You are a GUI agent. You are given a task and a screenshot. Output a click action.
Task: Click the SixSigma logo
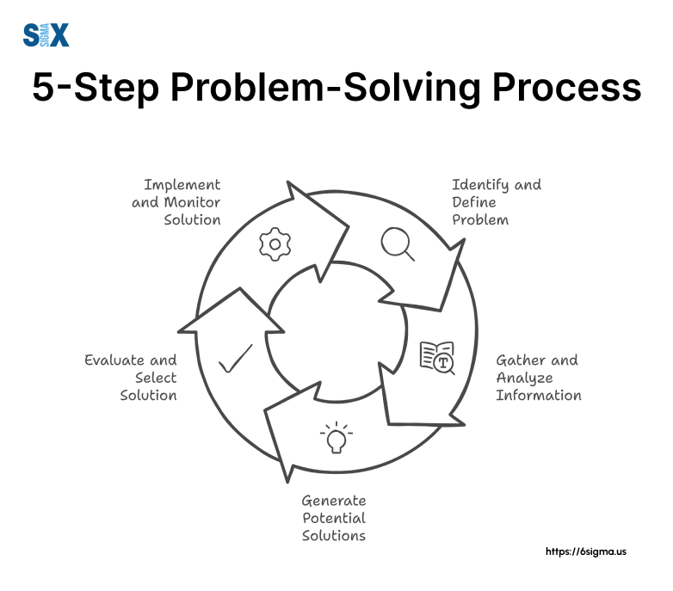pos(46,35)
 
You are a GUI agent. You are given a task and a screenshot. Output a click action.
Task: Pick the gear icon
pos(275,244)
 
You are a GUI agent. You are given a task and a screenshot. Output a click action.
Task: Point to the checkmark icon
pos(235,359)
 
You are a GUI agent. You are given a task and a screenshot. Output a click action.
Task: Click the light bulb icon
pos(336,438)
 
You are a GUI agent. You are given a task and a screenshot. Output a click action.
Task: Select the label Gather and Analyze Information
pos(538,378)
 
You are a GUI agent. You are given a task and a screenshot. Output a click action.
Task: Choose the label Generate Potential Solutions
pos(334,518)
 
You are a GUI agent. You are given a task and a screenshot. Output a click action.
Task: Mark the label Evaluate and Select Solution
pos(132,378)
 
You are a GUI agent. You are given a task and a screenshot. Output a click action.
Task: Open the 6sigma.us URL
pos(586,551)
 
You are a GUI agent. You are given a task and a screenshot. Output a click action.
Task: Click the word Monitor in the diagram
pos(194,202)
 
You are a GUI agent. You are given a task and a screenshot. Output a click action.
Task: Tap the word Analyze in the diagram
pos(524,378)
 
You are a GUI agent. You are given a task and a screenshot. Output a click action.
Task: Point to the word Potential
pos(334,518)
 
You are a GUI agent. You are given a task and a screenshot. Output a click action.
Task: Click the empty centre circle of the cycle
pos(336,331)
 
